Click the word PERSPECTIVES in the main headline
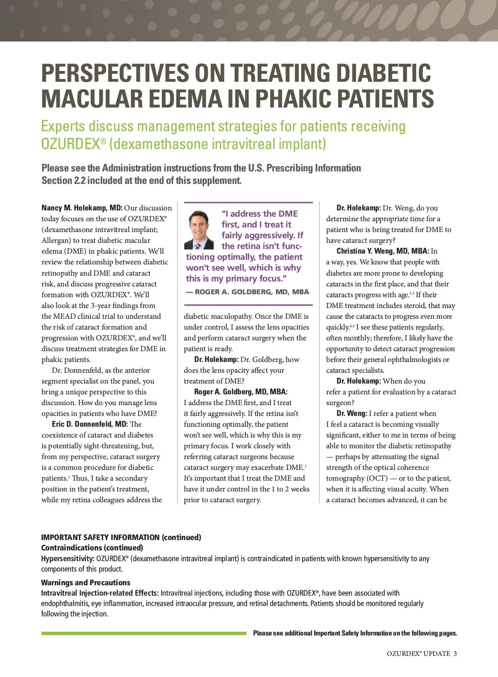115,73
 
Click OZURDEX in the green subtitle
71,144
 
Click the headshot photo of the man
199,230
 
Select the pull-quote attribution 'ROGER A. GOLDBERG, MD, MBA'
252,292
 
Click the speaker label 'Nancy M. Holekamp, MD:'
82,208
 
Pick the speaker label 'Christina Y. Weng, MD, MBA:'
382,251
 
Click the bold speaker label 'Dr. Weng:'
352,413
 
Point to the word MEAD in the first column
64,316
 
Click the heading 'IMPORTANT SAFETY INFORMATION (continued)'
121,537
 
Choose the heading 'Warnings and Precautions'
85,582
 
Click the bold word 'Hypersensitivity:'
68,559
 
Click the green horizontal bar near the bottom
144,633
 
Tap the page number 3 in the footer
455,653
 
